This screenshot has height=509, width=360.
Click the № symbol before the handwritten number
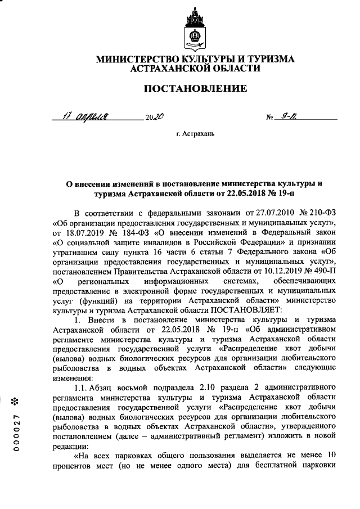point(270,118)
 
